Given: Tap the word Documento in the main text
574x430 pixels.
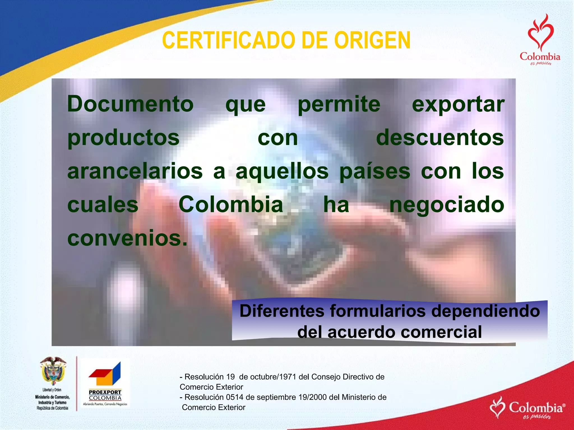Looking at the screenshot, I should (x=130, y=104).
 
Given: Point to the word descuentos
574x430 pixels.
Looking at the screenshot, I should (x=440, y=138).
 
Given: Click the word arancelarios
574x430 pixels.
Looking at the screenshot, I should (x=135, y=171).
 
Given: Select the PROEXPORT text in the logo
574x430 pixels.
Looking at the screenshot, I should (x=105, y=392).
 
